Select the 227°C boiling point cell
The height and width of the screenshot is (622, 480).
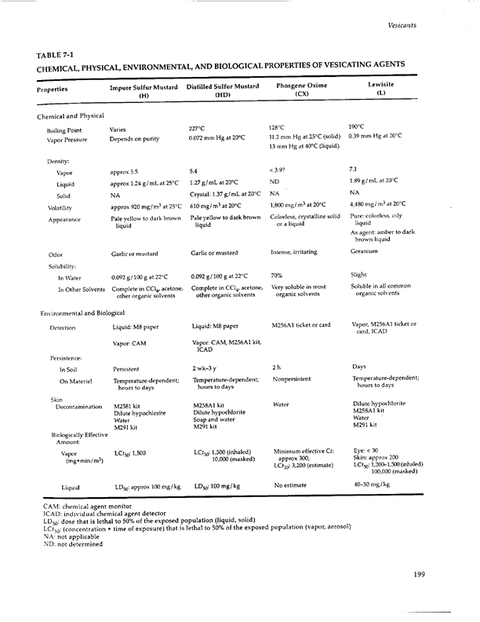[x=197, y=127]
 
